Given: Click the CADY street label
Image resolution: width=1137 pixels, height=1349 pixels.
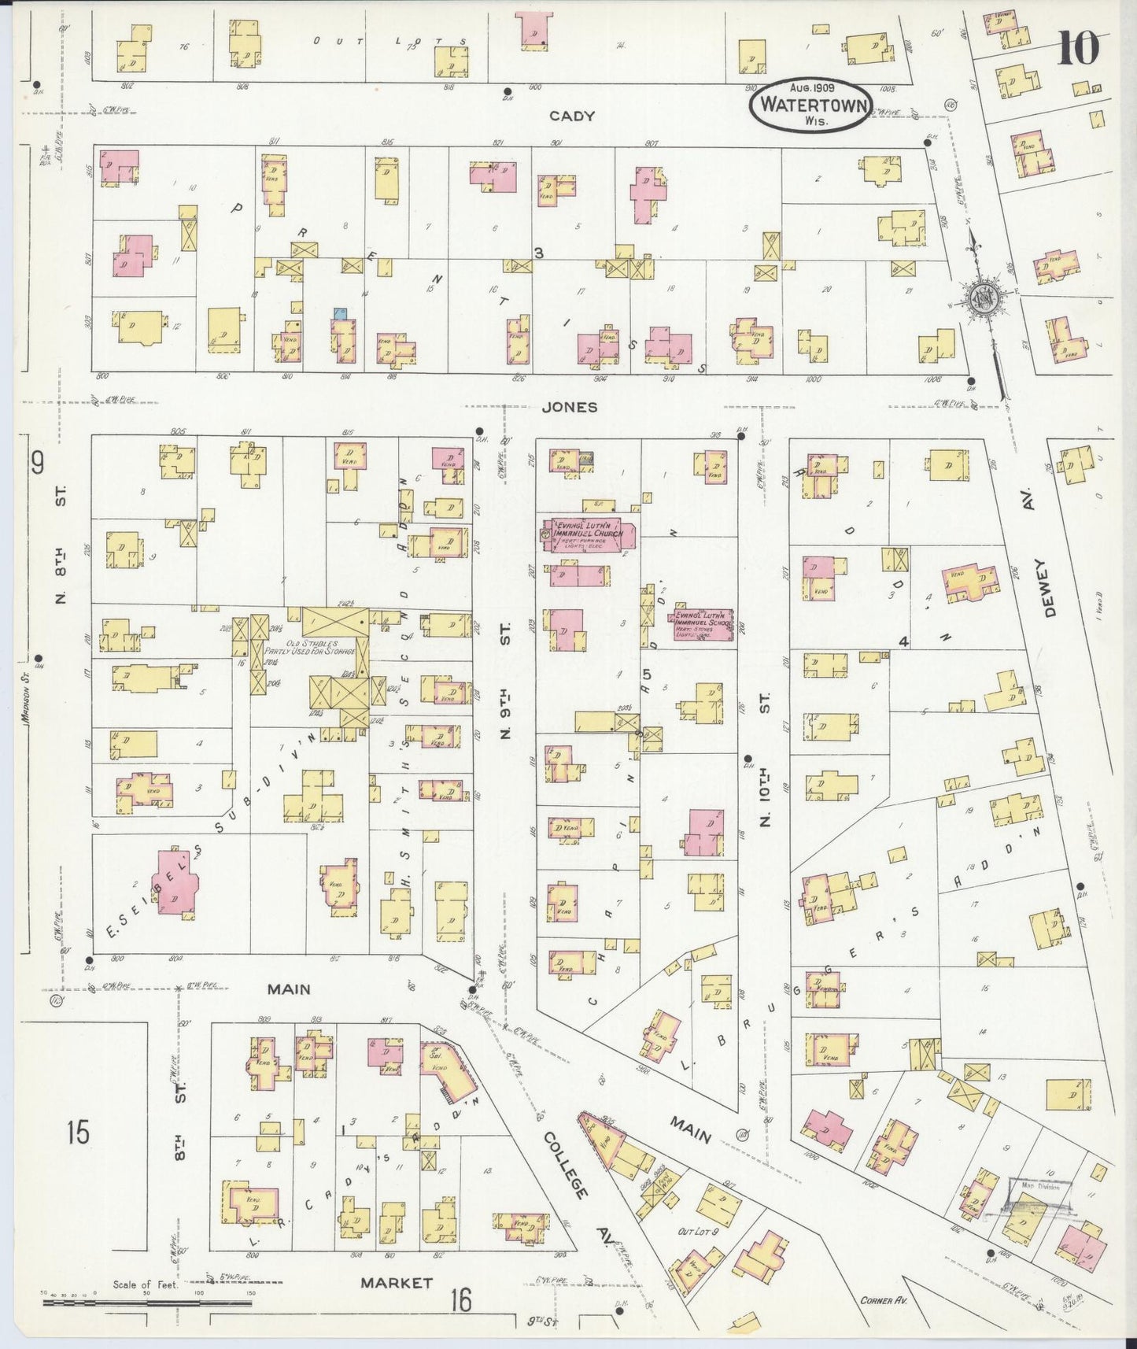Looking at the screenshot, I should coord(571,116).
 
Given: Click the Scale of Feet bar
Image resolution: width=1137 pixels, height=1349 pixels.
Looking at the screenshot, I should coord(150,1303).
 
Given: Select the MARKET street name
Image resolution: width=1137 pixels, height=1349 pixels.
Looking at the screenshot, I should coord(397,1283).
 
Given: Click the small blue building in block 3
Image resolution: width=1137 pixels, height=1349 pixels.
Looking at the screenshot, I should coord(341,313).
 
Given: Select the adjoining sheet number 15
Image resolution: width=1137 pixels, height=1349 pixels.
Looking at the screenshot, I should coord(78,1133).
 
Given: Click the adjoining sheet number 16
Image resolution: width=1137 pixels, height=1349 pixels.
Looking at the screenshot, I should coord(461,1300).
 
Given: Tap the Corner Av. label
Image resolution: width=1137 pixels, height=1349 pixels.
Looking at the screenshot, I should coord(884,1300).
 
